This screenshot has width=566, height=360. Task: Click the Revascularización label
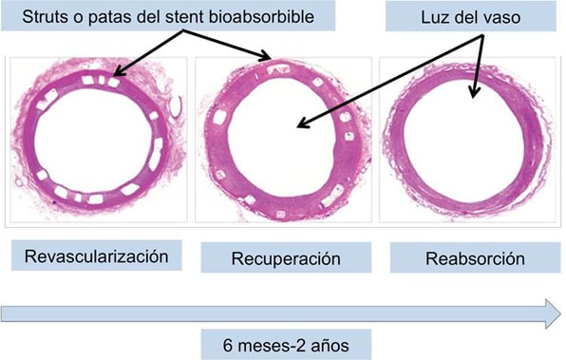[90, 256]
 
